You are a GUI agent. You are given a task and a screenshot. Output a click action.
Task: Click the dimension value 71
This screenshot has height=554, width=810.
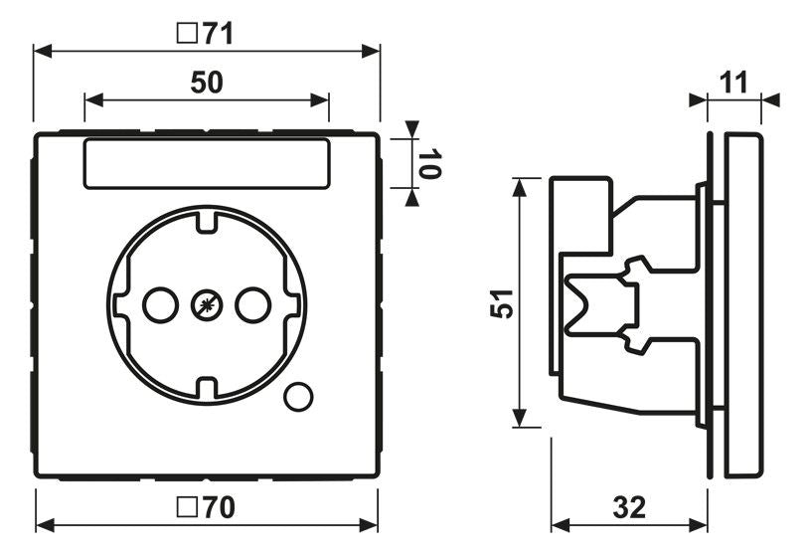pyautogui.click(x=218, y=34)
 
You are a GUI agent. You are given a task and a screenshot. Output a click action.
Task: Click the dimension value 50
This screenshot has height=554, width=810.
pyautogui.click(x=207, y=83)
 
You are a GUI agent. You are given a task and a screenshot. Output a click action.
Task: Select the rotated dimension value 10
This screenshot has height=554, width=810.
pyautogui.click(x=428, y=163)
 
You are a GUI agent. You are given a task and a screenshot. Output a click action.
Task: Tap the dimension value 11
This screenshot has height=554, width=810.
pyautogui.click(x=733, y=83)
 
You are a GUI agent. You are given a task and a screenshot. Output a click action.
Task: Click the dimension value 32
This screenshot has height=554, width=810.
pyautogui.click(x=629, y=507)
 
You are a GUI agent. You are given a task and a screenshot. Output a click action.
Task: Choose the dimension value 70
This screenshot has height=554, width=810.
pyautogui.click(x=219, y=507)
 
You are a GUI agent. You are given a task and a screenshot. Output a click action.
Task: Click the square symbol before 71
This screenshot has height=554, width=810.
pyautogui.click(x=187, y=34)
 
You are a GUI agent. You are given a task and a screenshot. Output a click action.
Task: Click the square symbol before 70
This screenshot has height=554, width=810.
pyautogui.click(x=187, y=507)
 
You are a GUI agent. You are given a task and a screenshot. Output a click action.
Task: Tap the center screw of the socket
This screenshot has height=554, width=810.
pyautogui.click(x=207, y=305)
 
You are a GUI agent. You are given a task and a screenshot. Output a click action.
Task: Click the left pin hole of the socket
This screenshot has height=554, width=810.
pyautogui.click(x=161, y=305)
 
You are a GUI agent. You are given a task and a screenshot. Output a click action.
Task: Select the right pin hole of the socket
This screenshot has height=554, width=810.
pyautogui.click(x=253, y=305)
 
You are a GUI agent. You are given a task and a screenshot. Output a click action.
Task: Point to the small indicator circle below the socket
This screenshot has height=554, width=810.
pyautogui.click(x=298, y=397)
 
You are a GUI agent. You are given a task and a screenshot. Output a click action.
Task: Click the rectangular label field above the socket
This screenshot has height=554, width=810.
pyautogui.click(x=207, y=163)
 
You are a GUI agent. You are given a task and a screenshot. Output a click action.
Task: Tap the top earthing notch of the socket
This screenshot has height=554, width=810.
pyautogui.click(x=207, y=221)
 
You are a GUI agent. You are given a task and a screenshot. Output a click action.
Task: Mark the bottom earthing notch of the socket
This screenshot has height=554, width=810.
pyautogui.click(x=207, y=389)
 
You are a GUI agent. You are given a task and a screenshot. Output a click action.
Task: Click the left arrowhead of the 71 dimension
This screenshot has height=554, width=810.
pyautogui.click(x=43, y=51)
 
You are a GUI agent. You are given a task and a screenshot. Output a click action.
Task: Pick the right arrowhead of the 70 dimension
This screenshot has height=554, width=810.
pyautogui.click(x=369, y=525)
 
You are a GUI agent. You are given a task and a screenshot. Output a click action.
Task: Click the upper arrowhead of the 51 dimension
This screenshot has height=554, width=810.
pyautogui.click(x=520, y=187)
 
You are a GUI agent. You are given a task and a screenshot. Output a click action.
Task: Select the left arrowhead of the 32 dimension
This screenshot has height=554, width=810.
pyautogui.click(x=561, y=525)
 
